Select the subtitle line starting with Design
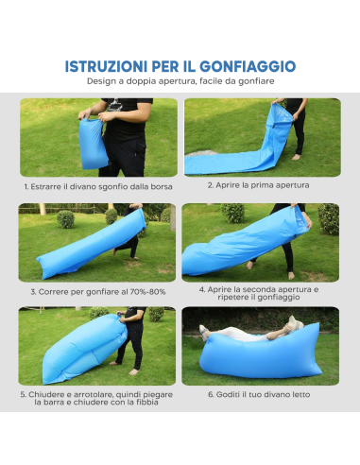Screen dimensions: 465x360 coord(180,82)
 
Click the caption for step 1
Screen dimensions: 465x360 coord(98,186)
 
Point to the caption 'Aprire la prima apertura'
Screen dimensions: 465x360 coord(258,185)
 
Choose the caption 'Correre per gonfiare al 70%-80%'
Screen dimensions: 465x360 coord(99,292)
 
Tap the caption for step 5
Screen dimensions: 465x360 coord(99,398)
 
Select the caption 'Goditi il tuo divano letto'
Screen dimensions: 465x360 coord(258,394)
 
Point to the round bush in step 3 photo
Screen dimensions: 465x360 coord(65,219)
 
